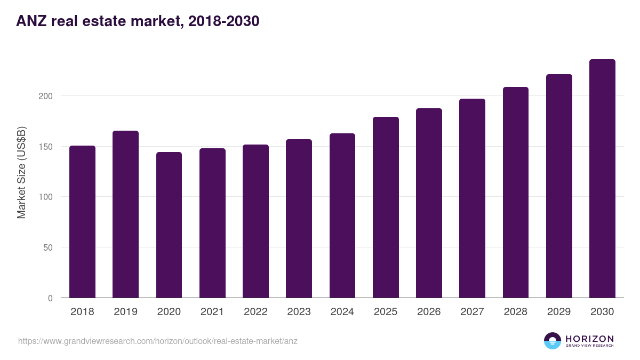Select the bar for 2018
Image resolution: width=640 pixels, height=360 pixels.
tap(82, 221)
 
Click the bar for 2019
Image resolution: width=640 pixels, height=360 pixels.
tap(125, 214)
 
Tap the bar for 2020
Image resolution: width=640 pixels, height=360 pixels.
tap(169, 225)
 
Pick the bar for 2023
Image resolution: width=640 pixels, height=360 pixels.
tap(299, 218)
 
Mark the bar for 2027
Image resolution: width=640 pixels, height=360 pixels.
tap(472, 198)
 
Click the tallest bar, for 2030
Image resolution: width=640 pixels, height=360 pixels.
tap(602, 178)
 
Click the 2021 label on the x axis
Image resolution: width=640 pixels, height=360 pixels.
tap(212, 312)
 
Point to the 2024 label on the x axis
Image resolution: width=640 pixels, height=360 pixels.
tap(342, 312)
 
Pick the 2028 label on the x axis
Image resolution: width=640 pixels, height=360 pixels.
tap(515, 312)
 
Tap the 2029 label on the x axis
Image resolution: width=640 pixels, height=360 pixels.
tap(559, 312)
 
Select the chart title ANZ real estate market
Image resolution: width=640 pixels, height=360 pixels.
tap(138, 21)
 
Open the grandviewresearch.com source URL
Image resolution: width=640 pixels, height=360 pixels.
tap(158, 341)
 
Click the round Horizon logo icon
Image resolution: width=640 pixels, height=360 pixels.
tap(553, 341)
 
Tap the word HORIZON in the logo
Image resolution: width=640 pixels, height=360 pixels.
tap(589, 338)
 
